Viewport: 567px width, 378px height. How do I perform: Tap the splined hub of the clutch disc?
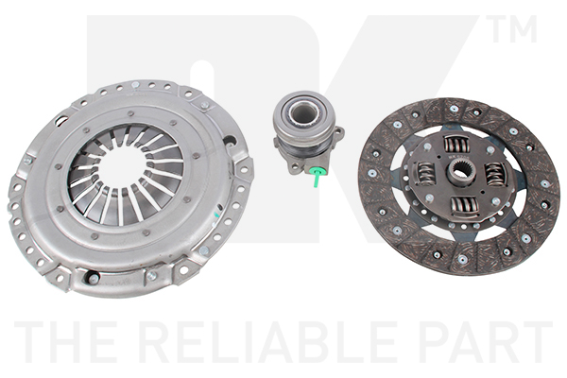(459, 171)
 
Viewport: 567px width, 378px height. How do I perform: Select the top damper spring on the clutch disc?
(454, 144)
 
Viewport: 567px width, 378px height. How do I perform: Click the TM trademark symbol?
(513, 28)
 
